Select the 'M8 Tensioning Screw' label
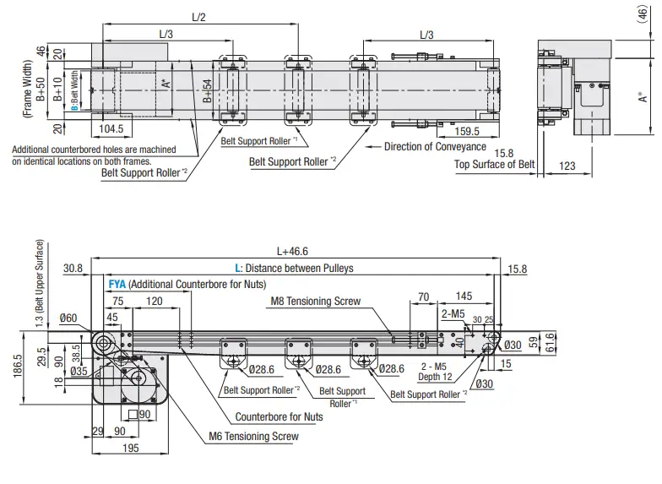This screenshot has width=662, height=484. pos(315,301)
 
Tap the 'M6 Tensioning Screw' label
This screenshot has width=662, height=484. pos(253,437)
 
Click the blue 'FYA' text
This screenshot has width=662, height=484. pos(117,285)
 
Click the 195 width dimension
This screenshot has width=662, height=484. pos(130,448)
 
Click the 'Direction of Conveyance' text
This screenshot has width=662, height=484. pos(435,146)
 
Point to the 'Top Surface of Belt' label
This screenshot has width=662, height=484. pos(494,165)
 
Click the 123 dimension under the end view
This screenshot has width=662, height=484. pos(567,166)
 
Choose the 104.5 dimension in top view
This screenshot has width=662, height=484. pos(111,129)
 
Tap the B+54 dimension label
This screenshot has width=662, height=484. pos(206,90)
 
